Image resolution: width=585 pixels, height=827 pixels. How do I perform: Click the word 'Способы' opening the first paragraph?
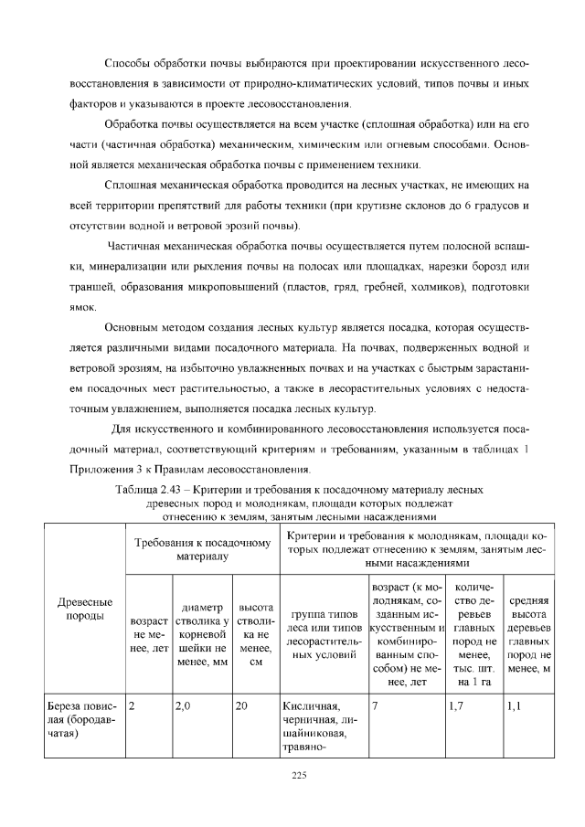coord(130,66)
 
